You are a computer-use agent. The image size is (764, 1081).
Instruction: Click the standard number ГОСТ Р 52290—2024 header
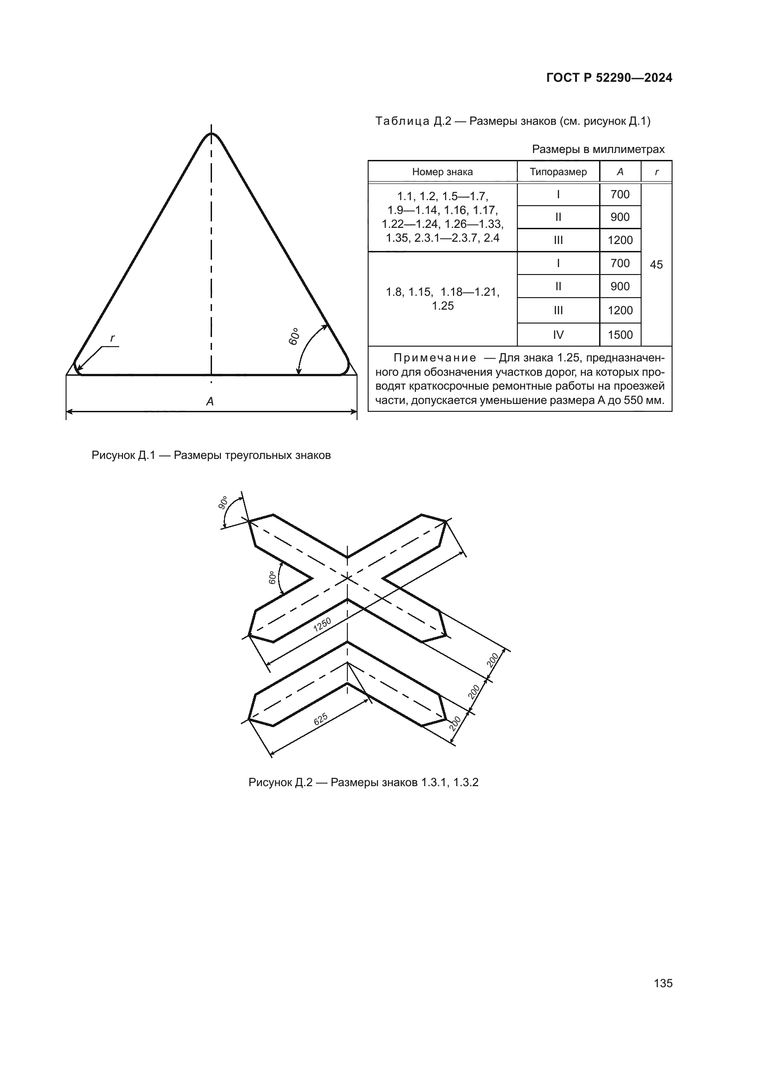[609, 78]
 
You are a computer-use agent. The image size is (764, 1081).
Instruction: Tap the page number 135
[663, 983]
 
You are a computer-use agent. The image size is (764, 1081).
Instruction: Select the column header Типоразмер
[558, 172]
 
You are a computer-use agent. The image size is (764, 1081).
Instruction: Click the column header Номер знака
[442, 172]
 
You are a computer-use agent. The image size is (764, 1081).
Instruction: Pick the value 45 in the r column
[656, 265]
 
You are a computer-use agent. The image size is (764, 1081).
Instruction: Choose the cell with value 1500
[620, 335]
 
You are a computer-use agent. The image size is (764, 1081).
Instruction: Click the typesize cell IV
[558, 335]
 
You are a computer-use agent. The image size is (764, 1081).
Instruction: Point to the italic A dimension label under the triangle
[210, 402]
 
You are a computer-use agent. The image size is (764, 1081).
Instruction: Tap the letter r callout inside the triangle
[112, 338]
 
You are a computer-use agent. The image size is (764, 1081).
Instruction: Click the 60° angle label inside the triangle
[294, 336]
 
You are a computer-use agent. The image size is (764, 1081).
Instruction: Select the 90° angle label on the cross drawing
[223, 503]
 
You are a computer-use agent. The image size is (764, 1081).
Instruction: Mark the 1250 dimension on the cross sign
[322, 624]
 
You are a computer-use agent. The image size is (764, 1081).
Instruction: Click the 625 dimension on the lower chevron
[321, 719]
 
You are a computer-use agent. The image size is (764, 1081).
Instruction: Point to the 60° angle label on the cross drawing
[272, 578]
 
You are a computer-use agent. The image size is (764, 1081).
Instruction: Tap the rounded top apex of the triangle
[211, 135]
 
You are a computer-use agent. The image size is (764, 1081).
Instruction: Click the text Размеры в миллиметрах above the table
[598, 149]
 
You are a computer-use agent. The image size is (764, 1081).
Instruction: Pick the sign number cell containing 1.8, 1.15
[442, 299]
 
